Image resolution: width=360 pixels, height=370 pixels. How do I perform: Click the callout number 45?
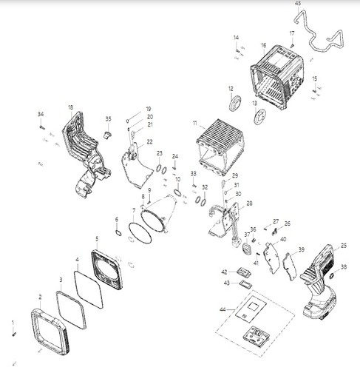click(298, 3)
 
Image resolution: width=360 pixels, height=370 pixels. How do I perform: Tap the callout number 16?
click(264, 45)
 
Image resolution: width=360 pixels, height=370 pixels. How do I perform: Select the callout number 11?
click(195, 123)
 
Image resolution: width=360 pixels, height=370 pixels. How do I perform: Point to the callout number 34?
click(41, 114)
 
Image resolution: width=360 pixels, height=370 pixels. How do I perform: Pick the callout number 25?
click(344, 246)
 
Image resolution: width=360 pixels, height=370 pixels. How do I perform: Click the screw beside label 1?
click(14, 334)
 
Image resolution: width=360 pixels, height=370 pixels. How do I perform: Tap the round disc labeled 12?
click(235, 104)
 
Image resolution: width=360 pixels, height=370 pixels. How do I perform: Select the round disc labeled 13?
click(260, 116)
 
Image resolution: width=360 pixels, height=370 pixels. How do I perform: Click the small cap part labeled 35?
click(107, 135)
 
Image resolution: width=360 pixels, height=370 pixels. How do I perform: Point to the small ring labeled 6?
click(118, 232)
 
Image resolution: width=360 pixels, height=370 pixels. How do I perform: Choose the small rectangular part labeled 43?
click(246, 284)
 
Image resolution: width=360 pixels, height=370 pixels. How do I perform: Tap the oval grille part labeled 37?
click(247, 249)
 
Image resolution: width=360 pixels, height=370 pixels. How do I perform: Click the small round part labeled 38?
click(331, 275)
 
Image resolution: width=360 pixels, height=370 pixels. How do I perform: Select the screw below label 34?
click(41, 127)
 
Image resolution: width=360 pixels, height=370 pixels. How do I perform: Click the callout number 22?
click(149, 142)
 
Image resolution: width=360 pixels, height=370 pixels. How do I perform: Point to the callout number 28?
click(249, 203)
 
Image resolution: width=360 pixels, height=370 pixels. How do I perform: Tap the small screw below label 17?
click(293, 45)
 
